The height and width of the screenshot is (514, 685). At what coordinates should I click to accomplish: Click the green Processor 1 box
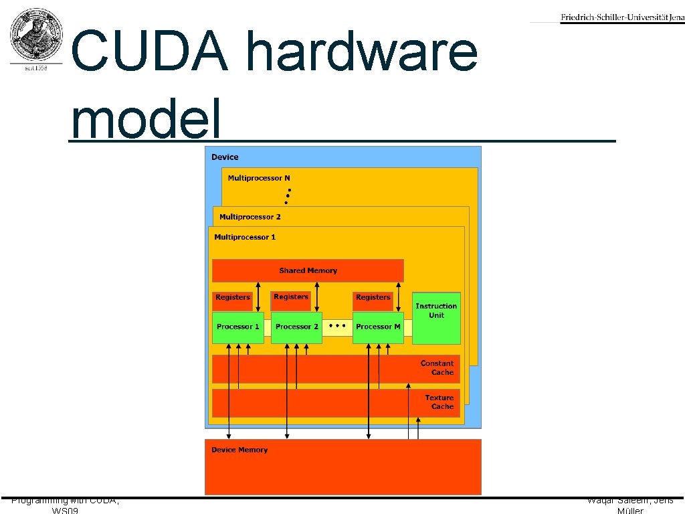238,327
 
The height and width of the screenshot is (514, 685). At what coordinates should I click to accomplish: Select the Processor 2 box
297,327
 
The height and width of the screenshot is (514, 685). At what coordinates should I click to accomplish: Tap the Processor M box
378,327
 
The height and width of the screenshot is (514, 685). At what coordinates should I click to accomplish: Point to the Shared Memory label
308,270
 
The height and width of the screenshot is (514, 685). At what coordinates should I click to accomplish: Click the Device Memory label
239,450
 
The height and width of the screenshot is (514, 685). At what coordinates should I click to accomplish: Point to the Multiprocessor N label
259,178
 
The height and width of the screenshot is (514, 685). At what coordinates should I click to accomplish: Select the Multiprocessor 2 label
250,217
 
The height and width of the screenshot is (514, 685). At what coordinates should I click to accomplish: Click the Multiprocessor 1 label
245,237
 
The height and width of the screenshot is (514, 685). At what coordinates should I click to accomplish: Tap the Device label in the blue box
225,157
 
